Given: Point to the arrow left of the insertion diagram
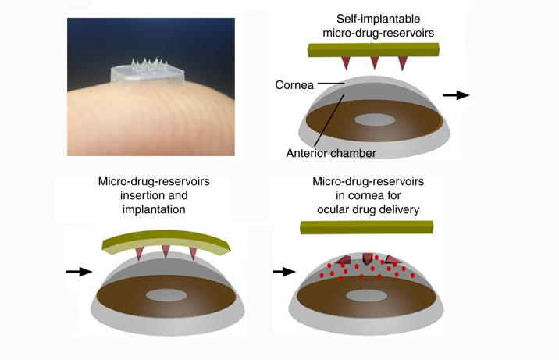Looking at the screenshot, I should [x=78, y=272].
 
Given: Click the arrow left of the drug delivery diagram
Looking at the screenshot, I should [x=285, y=272].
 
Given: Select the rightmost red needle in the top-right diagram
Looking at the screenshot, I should [x=404, y=62].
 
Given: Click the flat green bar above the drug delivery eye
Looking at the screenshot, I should [x=365, y=227].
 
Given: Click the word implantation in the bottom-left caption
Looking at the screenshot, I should [x=164, y=210].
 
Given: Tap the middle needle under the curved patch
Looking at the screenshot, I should [x=166, y=252].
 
